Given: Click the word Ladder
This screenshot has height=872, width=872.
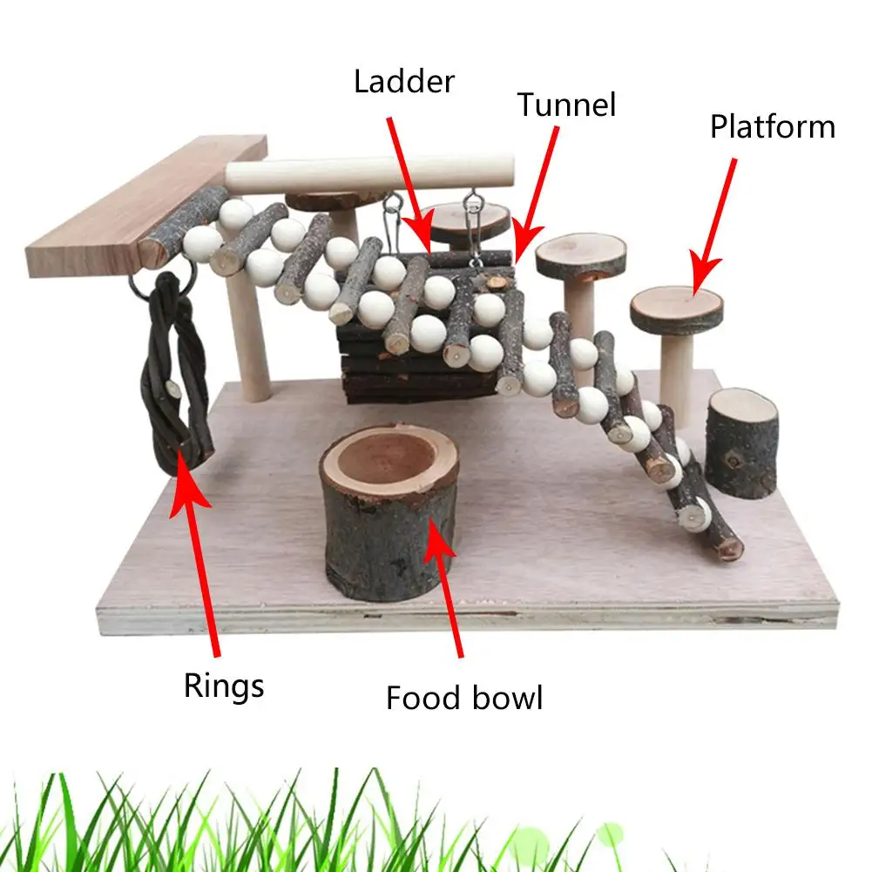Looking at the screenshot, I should coord(404,82).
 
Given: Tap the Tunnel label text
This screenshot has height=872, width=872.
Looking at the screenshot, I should coord(567,105).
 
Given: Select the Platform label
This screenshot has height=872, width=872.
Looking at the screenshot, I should coord(772,127).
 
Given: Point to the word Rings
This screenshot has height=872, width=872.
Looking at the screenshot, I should coord(224,686).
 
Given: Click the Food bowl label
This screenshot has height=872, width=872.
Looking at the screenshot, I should coord(464,698).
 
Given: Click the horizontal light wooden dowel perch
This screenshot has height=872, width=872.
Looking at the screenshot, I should coord(369,173).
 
